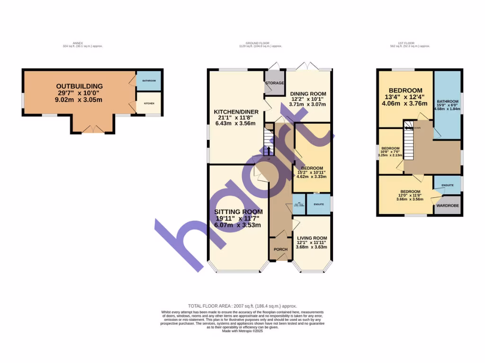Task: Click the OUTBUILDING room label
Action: tap(80, 86)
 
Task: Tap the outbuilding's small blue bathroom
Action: tap(149, 81)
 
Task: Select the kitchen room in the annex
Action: tap(149, 103)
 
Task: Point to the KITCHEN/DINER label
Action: tap(235, 112)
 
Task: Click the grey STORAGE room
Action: tap(275, 83)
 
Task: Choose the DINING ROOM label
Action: tap(308, 94)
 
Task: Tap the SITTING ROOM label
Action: tap(238, 212)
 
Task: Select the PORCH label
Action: tap(280, 250)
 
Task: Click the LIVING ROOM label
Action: tap(312, 238)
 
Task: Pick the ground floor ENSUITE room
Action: tap(318, 204)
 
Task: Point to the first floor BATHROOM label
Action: tap(448, 102)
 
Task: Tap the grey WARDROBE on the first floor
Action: tap(447, 206)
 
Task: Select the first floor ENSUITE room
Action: tap(448, 185)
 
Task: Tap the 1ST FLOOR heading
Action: tap(410, 43)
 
